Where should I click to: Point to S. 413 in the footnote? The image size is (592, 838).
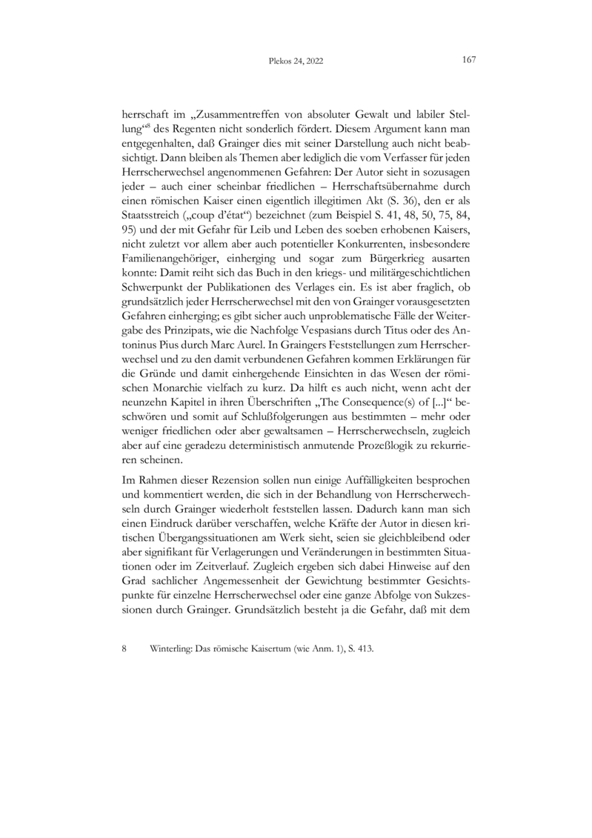tap(359, 648)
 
